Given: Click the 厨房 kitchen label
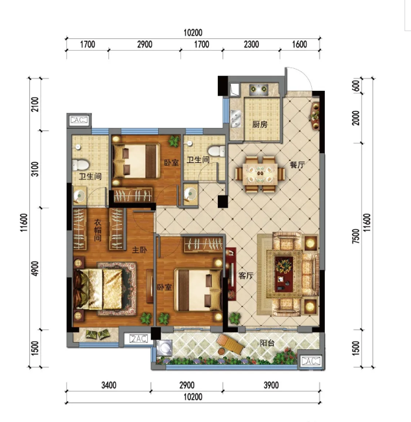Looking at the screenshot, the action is (260, 125).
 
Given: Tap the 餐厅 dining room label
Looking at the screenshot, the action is (297, 164).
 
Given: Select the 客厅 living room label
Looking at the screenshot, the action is (246, 275).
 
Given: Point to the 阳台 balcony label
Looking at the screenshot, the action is (266, 343).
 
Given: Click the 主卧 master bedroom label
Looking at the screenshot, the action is (139, 250).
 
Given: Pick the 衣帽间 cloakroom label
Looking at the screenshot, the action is (98, 230).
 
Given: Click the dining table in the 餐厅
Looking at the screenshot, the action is (260, 175).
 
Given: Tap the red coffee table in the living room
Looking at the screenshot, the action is (284, 274).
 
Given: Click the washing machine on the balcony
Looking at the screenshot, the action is (164, 347).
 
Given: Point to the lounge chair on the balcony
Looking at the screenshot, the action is (231, 344).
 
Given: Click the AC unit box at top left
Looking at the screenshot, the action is (78, 120).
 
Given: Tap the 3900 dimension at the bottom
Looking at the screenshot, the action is (271, 385).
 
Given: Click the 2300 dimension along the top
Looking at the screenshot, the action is (252, 44).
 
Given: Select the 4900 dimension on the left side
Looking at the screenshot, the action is (35, 268).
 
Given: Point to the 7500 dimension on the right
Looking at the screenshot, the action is (355, 236).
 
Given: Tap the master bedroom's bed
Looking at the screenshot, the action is (99, 289).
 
